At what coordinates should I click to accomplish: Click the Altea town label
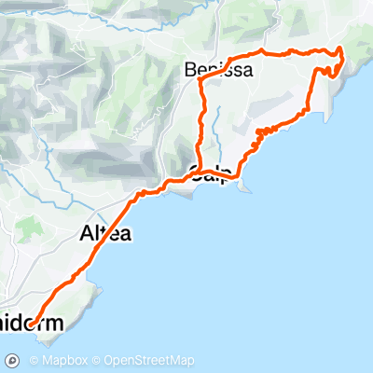(104, 233)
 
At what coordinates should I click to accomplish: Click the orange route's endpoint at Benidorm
(30, 325)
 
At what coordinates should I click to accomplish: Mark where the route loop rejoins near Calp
(199, 171)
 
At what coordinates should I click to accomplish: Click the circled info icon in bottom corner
(13, 360)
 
